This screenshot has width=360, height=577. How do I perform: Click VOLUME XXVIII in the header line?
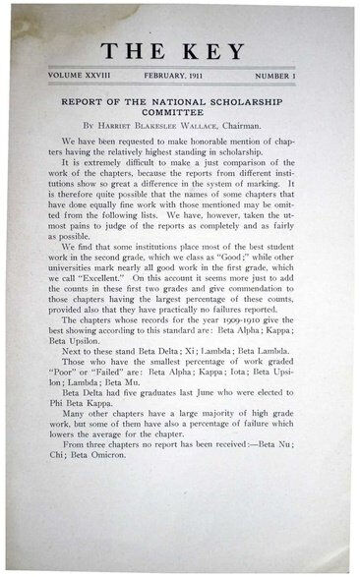[x=74, y=77]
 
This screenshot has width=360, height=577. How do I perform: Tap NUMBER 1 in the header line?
[x=291, y=77]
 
